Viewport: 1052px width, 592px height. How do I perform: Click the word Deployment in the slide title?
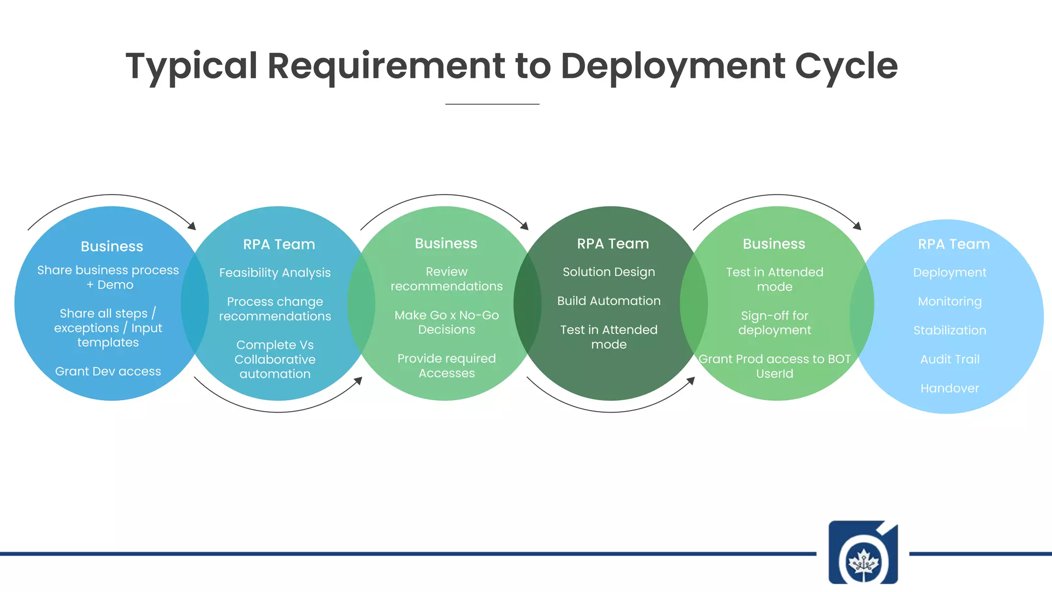tap(672, 66)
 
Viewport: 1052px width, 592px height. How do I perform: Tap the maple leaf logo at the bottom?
tap(863, 553)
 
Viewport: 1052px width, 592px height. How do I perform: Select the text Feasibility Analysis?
tap(275, 273)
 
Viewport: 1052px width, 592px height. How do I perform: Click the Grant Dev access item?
tap(108, 372)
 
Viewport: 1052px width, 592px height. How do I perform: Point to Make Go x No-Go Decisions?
tap(446, 322)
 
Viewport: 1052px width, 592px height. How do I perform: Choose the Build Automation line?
tap(609, 301)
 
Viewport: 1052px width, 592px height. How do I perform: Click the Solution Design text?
tap(609, 272)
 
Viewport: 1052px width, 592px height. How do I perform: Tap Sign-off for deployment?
tap(775, 323)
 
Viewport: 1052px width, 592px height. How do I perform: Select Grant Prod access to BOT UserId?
tap(775, 366)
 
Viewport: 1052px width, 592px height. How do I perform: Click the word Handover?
tap(949, 388)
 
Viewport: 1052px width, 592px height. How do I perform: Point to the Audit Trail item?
tap(949, 359)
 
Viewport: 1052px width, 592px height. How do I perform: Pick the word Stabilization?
tap(949, 330)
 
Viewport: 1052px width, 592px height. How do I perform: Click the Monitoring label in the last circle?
tap(949, 302)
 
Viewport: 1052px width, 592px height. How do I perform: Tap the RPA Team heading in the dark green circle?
tap(613, 244)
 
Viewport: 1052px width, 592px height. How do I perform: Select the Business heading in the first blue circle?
tap(112, 247)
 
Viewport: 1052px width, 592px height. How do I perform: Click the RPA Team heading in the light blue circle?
tap(953, 244)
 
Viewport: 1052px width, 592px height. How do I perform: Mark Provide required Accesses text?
tap(446, 365)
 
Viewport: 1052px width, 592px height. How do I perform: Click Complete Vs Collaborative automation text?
tap(275, 359)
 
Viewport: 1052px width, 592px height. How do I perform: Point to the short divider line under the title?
tap(492, 104)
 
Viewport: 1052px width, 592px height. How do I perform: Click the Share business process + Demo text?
tap(108, 277)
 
